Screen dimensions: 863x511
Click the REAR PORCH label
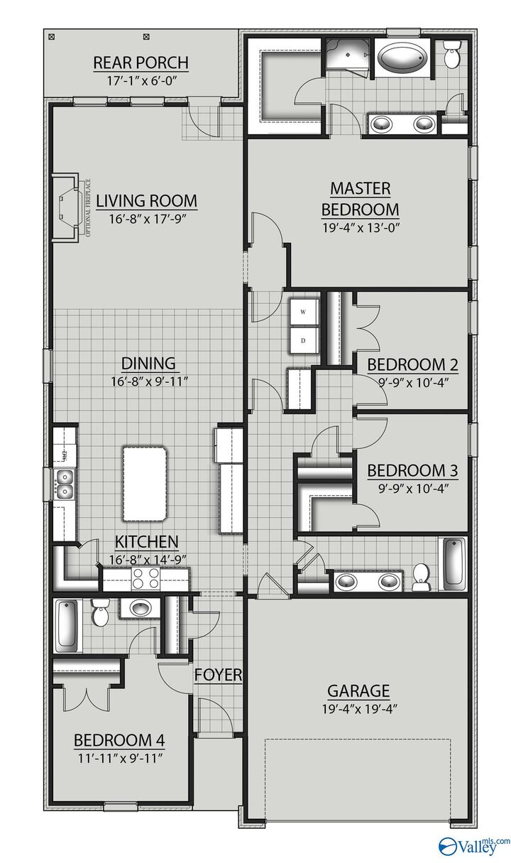(141, 63)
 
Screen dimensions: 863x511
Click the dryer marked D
(303, 341)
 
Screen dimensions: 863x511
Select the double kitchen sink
(64, 484)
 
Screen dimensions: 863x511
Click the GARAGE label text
(358, 690)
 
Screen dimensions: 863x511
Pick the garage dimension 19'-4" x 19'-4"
(358, 708)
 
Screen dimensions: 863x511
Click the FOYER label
(219, 675)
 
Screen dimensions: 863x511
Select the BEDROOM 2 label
(412, 365)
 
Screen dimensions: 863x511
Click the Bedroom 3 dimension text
(412, 488)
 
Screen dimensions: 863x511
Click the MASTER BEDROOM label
(360, 199)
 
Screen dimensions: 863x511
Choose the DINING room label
(148, 364)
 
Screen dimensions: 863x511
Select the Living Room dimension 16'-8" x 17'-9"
(147, 219)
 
